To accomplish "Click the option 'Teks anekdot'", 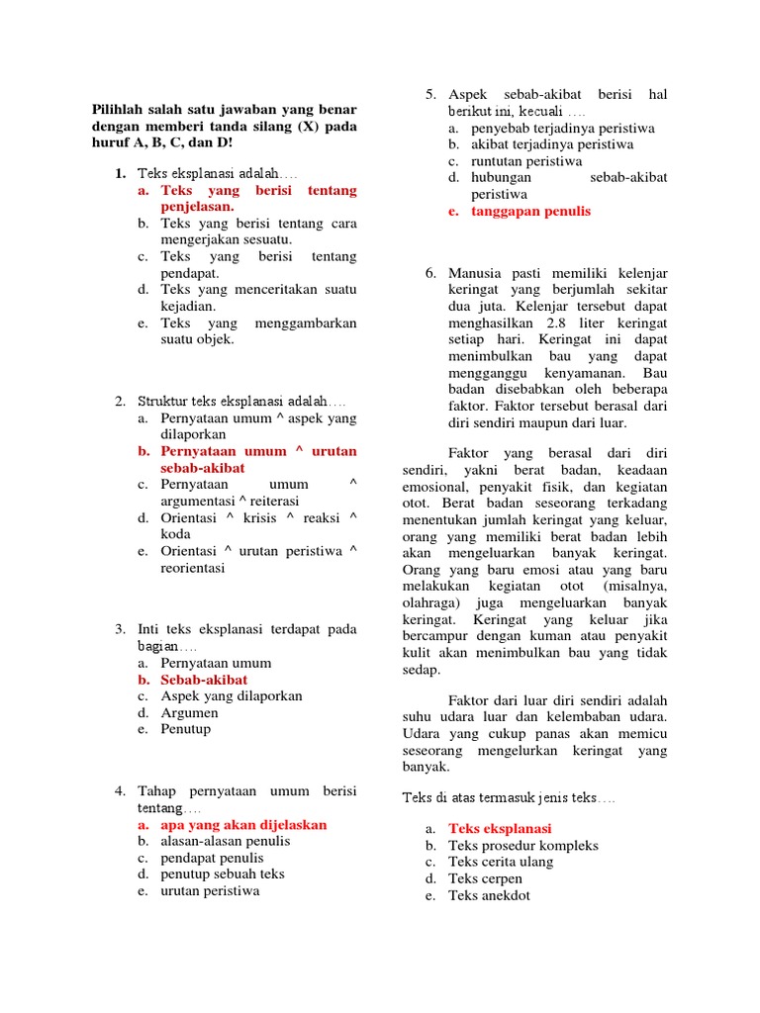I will [489, 895].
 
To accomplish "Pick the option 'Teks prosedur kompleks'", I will [522, 846].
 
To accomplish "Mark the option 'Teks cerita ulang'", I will [501, 862].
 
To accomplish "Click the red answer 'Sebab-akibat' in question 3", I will [204, 680].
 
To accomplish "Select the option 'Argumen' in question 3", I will [189, 712].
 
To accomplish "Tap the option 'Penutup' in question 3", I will [186, 729].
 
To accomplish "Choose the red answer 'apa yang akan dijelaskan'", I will [243, 824].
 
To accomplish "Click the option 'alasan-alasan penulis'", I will [226, 841].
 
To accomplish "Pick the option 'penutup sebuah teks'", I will [223, 875].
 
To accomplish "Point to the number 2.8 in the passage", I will [551, 322].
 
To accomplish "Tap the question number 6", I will [430, 272].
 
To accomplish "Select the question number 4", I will [119, 791].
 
